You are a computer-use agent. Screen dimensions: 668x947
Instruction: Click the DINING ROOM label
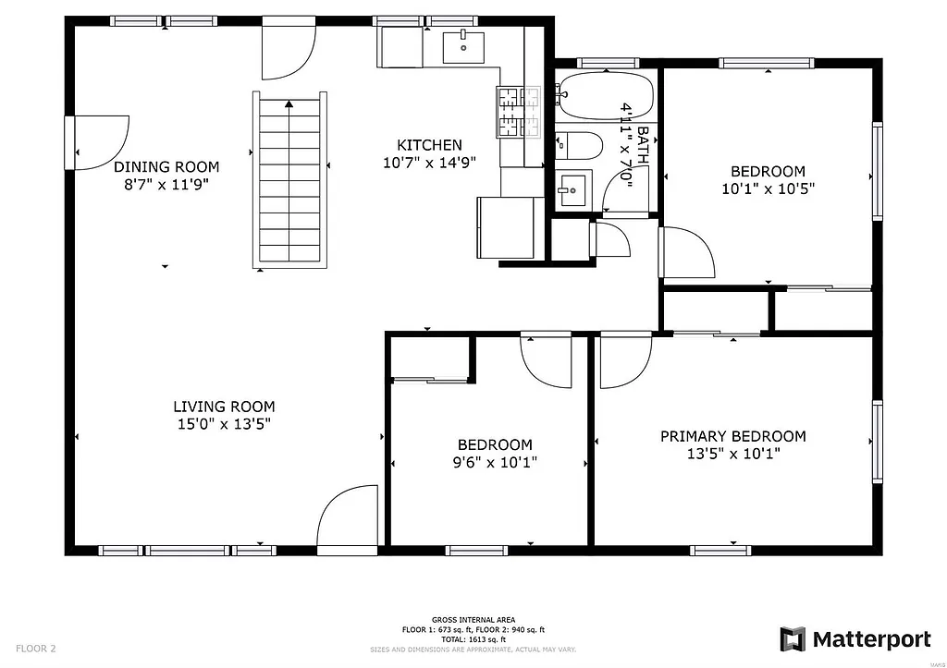166,167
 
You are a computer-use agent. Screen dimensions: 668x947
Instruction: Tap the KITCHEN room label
429,145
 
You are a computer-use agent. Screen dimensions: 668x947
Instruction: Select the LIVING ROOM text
224,407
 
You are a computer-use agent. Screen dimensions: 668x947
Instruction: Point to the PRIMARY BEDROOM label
732,436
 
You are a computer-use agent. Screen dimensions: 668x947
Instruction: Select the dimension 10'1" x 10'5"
768,188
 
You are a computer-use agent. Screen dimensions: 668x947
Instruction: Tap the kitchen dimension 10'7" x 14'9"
429,164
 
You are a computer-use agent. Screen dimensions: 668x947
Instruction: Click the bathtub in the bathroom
606,96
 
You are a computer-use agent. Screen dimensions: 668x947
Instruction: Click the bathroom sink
572,189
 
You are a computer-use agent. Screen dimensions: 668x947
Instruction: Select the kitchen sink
463,45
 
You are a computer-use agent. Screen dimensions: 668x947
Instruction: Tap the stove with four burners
520,112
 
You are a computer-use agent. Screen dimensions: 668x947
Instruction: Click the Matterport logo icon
793,639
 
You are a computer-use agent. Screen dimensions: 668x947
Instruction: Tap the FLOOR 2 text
36,649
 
